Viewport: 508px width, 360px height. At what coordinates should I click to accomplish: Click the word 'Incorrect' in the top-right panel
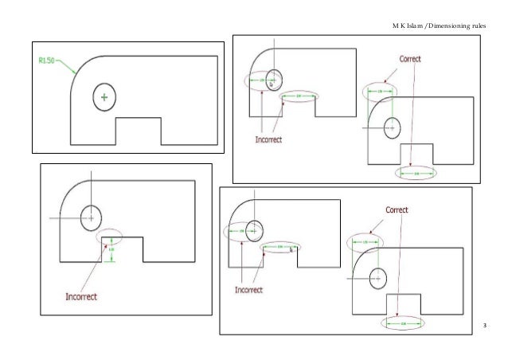click(268, 138)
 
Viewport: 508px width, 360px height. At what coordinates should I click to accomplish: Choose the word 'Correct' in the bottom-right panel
click(397, 210)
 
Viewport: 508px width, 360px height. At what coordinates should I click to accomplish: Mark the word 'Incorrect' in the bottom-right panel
click(249, 289)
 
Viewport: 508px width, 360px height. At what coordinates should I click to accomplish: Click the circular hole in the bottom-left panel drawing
click(92, 216)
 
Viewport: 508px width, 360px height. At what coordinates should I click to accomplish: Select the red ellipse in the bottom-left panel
click(109, 236)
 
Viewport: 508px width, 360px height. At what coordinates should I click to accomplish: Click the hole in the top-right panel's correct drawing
click(392, 126)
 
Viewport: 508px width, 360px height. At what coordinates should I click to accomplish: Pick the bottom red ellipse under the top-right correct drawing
click(416, 172)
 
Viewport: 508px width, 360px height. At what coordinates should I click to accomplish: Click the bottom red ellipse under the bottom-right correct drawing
click(404, 323)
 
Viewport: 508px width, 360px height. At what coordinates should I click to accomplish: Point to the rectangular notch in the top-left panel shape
click(139, 131)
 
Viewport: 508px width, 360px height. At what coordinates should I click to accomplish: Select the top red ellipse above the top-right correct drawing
click(379, 92)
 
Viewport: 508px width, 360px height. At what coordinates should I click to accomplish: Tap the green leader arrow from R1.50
click(65, 66)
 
